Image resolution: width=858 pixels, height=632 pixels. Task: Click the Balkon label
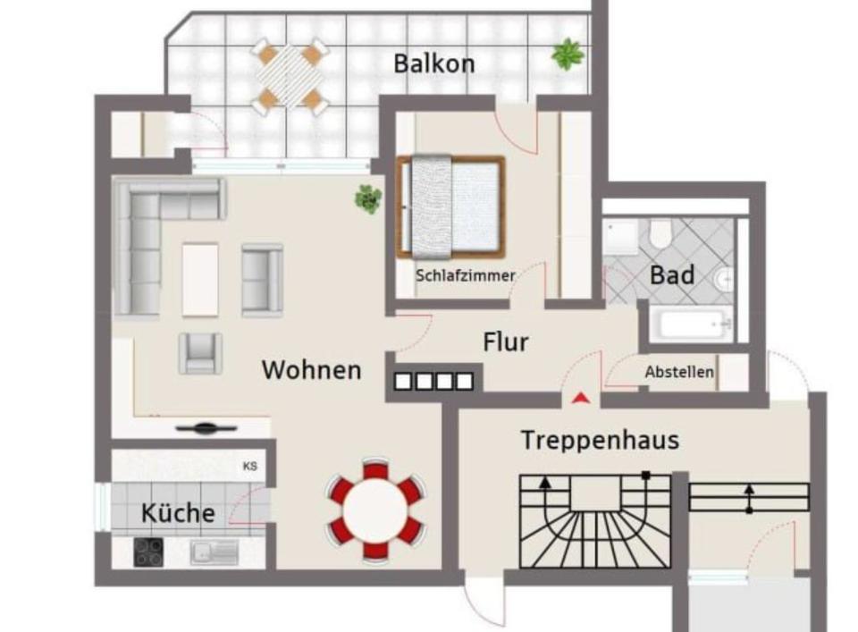tap(433, 63)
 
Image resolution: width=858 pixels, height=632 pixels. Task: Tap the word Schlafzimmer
tap(465, 275)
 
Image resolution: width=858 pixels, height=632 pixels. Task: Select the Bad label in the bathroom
tap(672, 274)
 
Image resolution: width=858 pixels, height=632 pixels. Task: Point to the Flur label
tap(506, 341)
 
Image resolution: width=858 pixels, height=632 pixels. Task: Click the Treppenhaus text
tap(600, 440)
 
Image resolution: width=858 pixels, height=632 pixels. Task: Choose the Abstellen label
tap(679, 372)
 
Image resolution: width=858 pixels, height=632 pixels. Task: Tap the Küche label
tap(178, 513)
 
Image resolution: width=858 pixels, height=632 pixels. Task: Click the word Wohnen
tap(311, 370)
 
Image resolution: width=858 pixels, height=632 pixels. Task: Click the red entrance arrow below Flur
tap(581, 398)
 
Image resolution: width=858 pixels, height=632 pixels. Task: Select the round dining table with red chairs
tap(375, 510)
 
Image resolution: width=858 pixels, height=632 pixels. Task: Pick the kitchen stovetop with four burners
tap(149, 552)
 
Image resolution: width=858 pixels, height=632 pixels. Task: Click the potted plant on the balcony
tap(568, 55)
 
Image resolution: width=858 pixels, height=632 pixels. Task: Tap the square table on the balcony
tap(288, 75)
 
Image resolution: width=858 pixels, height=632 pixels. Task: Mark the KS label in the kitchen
tap(249, 466)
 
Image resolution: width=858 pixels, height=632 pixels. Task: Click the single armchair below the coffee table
tap(200, 352)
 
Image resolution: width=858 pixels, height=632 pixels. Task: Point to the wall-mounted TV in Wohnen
tap(206, 428)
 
